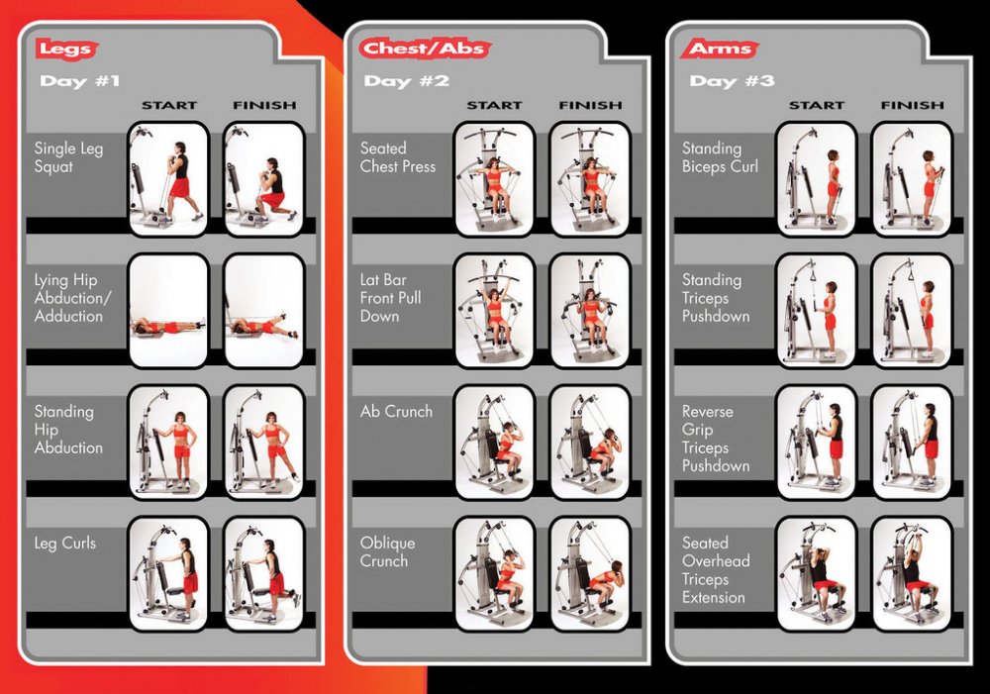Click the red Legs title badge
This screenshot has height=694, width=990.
pyautogui.click(x=66, y=49)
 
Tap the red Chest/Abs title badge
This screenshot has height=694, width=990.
pyautogui.click(x=425, y=49)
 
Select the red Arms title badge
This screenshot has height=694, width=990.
pyautogui.click(x=720, y=49)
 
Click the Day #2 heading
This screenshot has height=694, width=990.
pyautogui.click(x=407, y=81)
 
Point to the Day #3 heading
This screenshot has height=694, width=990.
pyautogui.click(x=732, y=81)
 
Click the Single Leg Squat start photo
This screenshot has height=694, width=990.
pyautogui.click(x=168, y=179)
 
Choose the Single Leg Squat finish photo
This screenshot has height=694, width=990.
pyautogui.click(x=264, y=179)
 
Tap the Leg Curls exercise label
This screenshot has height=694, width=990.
pyautogui.click(x=65, y=544)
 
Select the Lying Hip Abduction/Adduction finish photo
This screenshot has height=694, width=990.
pyautogui.click(x=264, y=311)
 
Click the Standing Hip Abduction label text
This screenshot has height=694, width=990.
pyautogui.click(x=68, y=430)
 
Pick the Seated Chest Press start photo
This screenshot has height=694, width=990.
pyautogui.click(x=494, y=179)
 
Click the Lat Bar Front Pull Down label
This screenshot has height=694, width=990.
pyautogui.click(x=390, y=297)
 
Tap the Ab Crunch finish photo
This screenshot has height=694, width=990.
pyautogui.click(x=590, y=442)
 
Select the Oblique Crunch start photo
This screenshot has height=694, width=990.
pyautogui.click(x=494, y=573)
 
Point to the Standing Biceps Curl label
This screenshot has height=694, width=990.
pyautogui.click(x=720, y=157)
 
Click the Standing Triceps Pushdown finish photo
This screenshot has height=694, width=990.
pyautogui.click(x=912, y=311)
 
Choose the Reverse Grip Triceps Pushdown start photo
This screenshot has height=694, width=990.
pyautogui.click(x=816, y=442)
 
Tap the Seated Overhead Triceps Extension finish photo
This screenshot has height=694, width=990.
pyautogui.click(x=912, y=573)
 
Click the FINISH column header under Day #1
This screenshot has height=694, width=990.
pyautogui.click(x=264, y=105)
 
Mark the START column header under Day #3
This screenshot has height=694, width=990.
pyautogui.click(x=817, y=105)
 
